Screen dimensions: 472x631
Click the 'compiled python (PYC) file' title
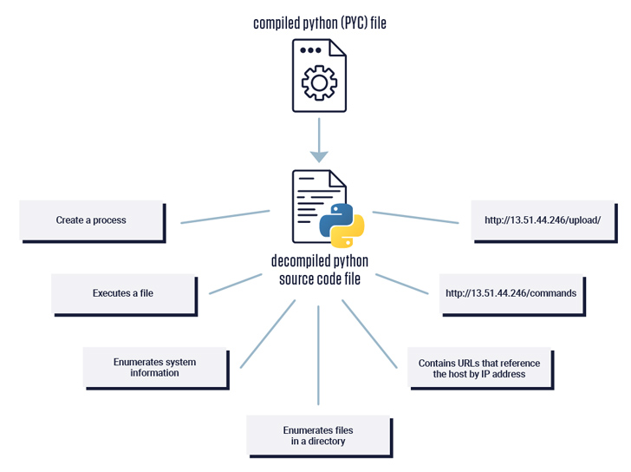click(x=319, y=23)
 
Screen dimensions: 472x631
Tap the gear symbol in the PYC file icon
click(x=319, y=83)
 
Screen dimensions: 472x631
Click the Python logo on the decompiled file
click(x=342, y=227)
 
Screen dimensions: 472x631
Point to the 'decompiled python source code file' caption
click(x=319, y=270)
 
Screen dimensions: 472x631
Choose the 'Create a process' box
click(x=91, y=220)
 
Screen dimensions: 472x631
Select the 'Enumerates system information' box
click(x=155, y=367)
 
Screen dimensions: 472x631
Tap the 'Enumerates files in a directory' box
click(x=318, y=436)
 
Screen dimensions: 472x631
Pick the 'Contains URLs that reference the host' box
click(x=479, y=368)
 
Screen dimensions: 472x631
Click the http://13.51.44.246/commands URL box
click(x=511, y=293)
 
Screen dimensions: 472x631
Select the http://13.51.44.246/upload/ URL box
click(x=543, y=220)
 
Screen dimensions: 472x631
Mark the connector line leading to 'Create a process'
click(x=225, y=217)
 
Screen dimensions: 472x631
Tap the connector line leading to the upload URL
click(x=416, y=218)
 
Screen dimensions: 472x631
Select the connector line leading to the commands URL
click(x=402, y=285)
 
